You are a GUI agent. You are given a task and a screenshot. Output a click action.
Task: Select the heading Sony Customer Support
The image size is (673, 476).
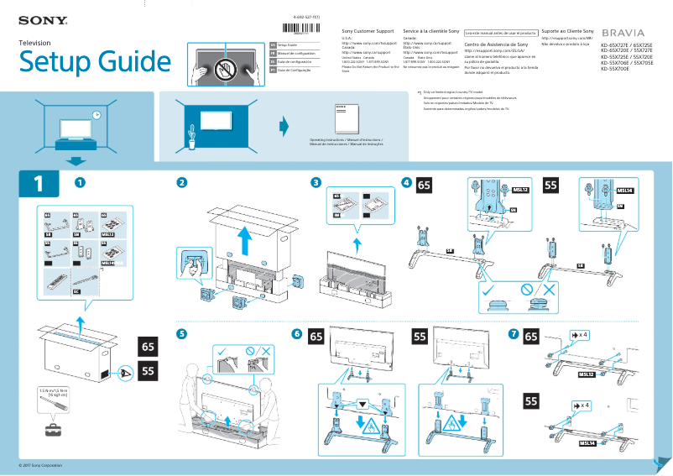coord(368,30)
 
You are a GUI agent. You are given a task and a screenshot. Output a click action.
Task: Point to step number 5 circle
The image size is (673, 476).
coord(181,333)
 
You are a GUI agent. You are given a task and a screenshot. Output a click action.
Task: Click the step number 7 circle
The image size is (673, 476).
coord(513,334)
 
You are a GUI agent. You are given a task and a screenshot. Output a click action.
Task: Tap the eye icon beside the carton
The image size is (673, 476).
coord(126,370)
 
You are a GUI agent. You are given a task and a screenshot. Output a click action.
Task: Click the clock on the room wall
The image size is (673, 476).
coord(97,115)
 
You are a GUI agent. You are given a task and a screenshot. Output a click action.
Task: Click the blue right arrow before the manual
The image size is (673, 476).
coord(284,127)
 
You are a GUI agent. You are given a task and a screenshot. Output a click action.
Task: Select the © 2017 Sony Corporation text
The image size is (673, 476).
coord(41,465)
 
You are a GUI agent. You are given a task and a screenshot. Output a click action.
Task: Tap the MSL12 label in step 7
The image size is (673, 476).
coord(585,374)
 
